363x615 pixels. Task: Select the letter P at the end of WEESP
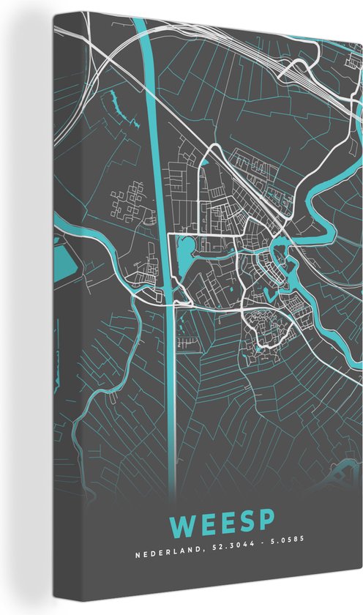[x=268, y=524]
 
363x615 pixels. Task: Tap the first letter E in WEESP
[x=206, y=524]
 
